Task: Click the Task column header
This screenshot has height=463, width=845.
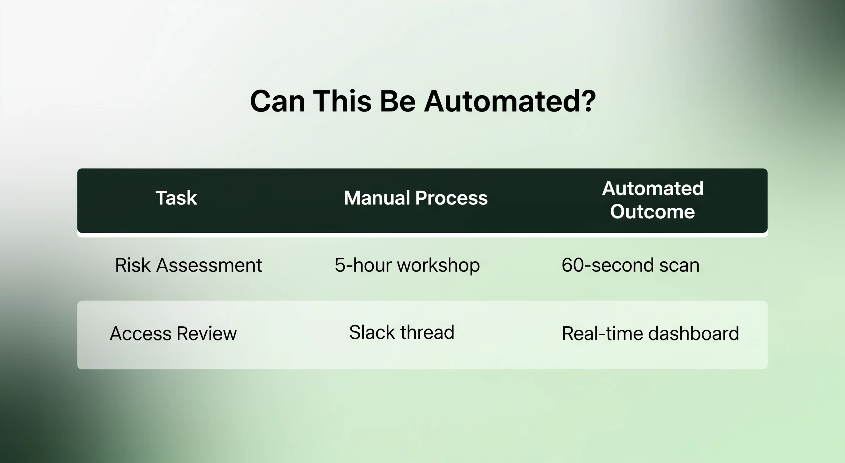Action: click(x=176, y=198)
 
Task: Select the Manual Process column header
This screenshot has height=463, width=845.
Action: click(x=416, y=198)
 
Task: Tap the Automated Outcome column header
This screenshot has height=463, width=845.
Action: click(x=652, y=200)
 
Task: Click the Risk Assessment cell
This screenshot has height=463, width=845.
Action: click(x=189, y=265)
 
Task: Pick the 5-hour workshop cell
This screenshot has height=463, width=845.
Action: click(x=407, y=265)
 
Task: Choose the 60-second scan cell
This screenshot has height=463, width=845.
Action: click(x=630, y=265)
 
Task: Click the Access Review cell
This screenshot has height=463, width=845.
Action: click(x=173, y=333)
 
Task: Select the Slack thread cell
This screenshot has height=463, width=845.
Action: click(x=402, y=332)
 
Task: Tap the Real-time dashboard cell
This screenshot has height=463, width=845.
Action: click(x=651, y=333)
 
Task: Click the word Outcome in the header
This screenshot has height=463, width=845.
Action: click(x=652, y=211)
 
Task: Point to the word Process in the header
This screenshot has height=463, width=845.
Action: click(x=451, y=198)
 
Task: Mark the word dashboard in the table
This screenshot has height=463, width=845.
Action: click(x=693, y=333)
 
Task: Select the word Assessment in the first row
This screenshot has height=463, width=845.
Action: click(x=209, y=265)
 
